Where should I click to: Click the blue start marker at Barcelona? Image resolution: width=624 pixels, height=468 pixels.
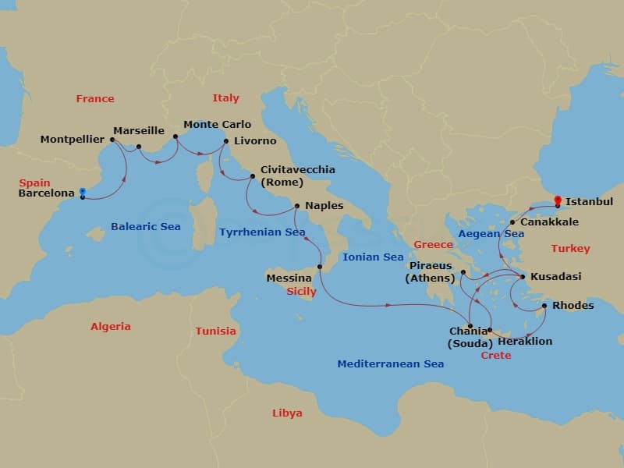click(x=82, y=193)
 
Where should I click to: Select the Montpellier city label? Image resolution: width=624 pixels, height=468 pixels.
click(x=73, y=140)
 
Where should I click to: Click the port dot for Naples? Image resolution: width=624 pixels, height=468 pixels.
click(x=296, y=207)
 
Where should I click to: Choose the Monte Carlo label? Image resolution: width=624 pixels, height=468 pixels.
click(x=217, y=124)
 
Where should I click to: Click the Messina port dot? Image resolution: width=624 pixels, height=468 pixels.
click(x=320, y=268)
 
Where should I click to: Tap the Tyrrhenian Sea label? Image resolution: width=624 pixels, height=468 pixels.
click(x=262, y=232)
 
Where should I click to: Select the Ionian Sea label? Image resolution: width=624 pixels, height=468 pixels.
click(x=373, y=257)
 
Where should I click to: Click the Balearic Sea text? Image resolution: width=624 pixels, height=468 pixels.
click(x=145, y=227)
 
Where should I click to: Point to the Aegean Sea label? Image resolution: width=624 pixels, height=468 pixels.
click(x=491, y=233)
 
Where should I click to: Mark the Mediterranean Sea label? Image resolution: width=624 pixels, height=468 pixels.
click(x=390, y=364)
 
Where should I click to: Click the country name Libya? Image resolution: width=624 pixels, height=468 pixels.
click(x=287, y=413)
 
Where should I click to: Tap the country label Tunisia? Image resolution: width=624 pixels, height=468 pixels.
click(x=215, y=331)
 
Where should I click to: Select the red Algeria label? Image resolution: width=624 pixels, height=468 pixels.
click(x=110, y=326)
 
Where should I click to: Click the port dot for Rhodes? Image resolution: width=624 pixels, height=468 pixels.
click(x=544, y=306)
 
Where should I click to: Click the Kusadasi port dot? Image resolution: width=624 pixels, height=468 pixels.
click(x=523, y=276)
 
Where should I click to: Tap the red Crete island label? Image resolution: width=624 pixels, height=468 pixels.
click(x=495, y=355)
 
